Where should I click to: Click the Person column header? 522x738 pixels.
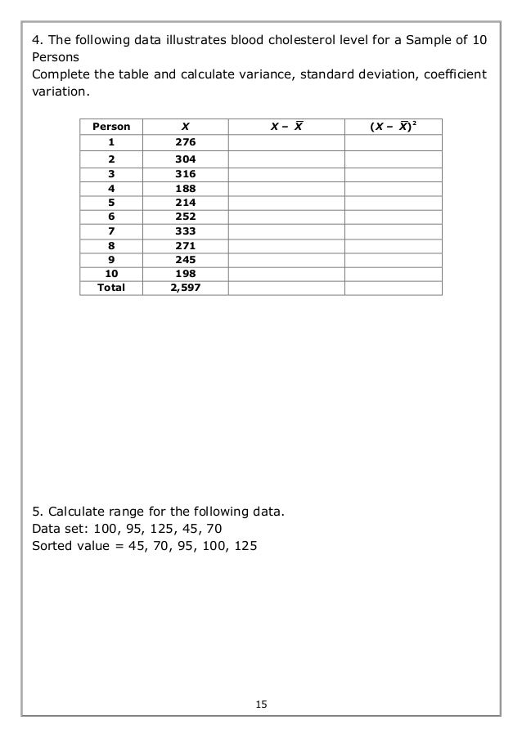pyautogui.click(x=110, y=126)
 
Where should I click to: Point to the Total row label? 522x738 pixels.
pyautogui.click(x=110, y=287)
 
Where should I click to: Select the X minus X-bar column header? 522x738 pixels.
pyautogui.click(x=286, y=126)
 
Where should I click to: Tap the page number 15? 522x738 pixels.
pyautogui.click(x=260, y=704)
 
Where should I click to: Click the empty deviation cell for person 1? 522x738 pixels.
pyautogui.click(x=286, y=142)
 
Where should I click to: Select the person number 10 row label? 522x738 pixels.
pyautogui.click(x=110, y=273)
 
